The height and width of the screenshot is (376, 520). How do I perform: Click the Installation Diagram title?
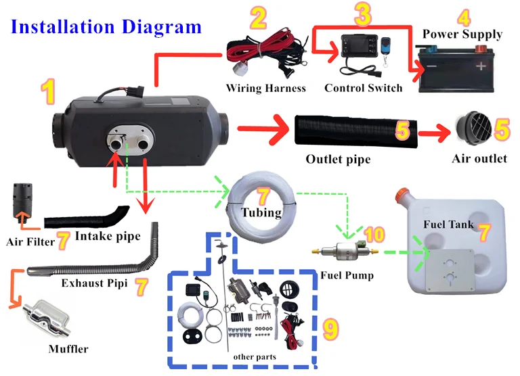click(106, 27)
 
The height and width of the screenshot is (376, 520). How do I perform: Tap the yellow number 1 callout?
click(48, 91)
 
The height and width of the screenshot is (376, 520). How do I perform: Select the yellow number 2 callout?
click(259, 18)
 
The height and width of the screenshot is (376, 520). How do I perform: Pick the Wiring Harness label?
click(266, 88)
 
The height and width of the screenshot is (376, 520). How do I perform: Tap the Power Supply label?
click(462, 34)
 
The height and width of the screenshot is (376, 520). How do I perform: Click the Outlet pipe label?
click(339, 160)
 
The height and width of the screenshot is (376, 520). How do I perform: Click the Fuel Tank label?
click(447, 224)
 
